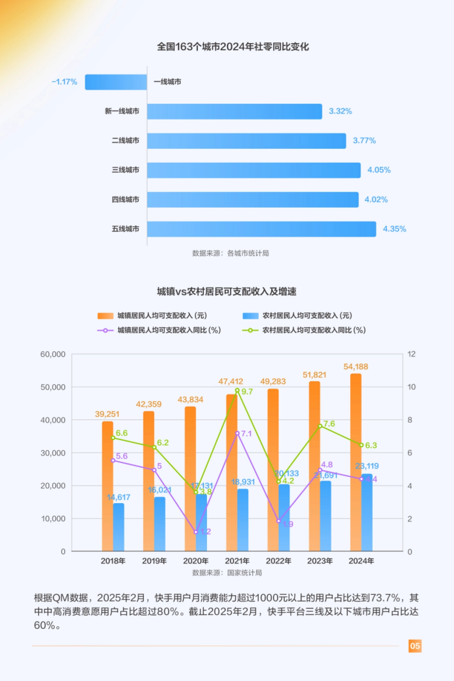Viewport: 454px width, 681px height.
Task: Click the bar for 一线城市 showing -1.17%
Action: click(x=116, y=82)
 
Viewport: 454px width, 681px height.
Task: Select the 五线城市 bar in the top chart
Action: click(x=261, y=229)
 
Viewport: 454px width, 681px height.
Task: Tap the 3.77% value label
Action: click(x=364, y=141)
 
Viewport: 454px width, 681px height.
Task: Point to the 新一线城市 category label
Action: click(x=122, y=111)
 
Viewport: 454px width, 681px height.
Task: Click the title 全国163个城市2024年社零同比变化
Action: click(x=233, y=47)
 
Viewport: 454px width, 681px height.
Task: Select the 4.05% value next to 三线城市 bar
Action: click(x=379, y=170)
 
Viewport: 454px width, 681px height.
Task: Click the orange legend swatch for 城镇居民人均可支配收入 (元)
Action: click(x=105, y=316)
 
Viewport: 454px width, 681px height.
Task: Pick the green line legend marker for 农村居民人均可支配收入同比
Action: click(x=250, y=330)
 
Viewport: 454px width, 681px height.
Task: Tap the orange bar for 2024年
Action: click(x=356, y=462)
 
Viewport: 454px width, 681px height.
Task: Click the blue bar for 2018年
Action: click(x=118, y=527)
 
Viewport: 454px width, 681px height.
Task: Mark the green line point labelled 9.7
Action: click(x=237, y=390)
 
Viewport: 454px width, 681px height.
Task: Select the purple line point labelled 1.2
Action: click(x=196, y=532)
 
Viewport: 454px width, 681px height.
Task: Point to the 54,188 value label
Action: click(x=356, y=367)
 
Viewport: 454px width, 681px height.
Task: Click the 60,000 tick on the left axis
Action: click(x=53, y=354)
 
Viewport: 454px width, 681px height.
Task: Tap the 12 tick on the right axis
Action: click(x=411, y=354)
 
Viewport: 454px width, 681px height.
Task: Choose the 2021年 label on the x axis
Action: click(x=237, y=561)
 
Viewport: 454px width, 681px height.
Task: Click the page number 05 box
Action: click(x=415, y=646)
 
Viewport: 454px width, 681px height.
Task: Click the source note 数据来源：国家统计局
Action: click(x=227, y=573)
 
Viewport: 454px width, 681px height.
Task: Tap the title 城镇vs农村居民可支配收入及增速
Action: click(x=227, y=292)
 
